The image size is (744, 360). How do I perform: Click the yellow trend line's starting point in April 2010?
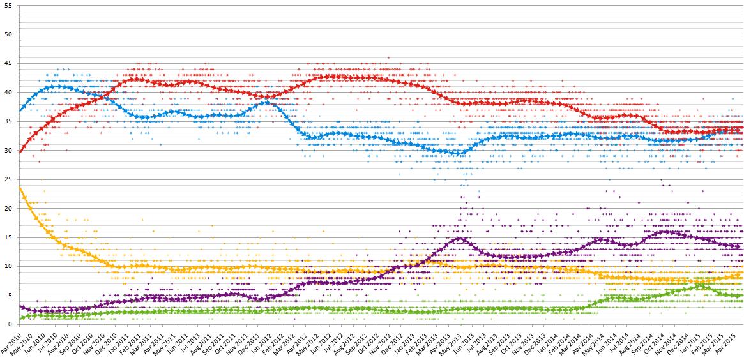[20, 188]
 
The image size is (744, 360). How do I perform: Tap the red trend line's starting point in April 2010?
[20, 151]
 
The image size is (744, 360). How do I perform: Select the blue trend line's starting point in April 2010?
[20, 110]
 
